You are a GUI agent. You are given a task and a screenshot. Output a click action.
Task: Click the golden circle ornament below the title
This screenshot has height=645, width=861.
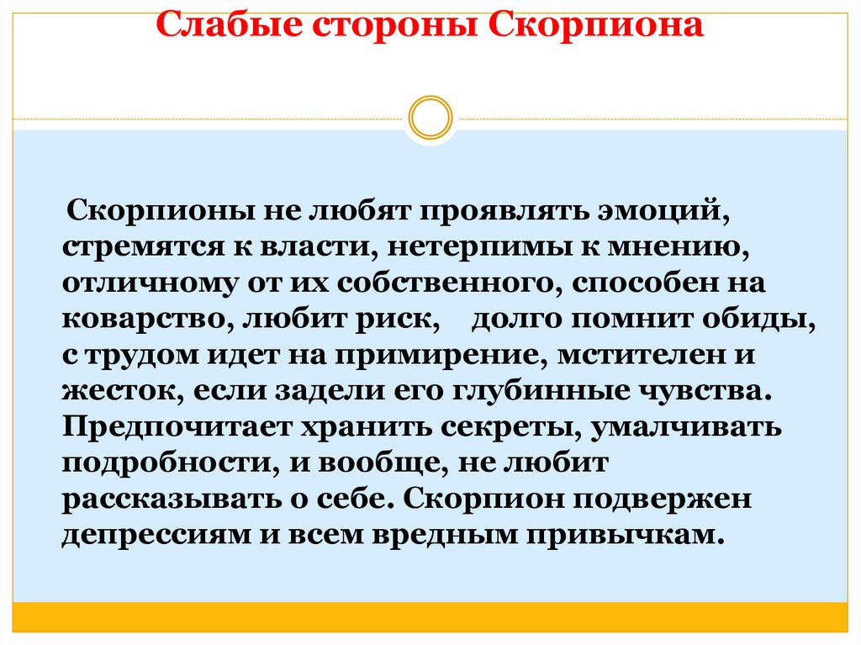click(430, 118)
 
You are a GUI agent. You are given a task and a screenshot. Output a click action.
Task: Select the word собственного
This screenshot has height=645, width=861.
click(451, 283)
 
